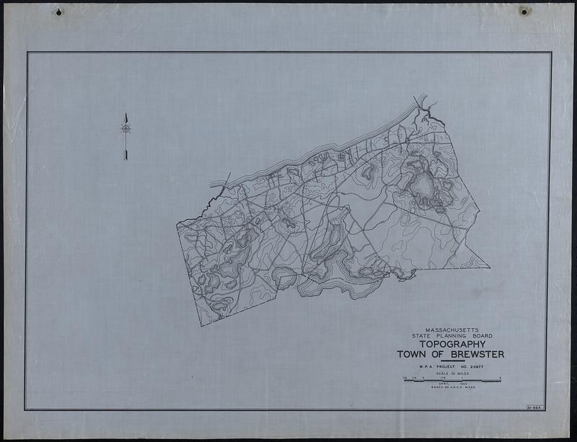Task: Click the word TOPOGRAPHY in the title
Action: tap(451, 345)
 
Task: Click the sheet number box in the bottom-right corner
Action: tap(534, 408)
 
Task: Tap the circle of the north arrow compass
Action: tap(125, 129)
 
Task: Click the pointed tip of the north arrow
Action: tap(125, 114)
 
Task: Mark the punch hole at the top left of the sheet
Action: tap(58, 12)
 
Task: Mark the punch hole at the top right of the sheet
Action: tap(524, 12)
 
